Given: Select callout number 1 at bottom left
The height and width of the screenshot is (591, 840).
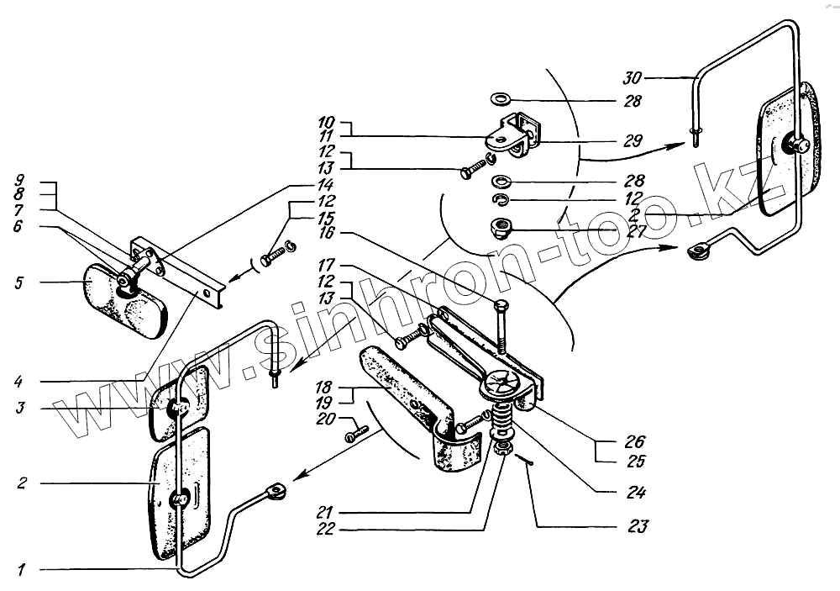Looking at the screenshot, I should click(22, 570).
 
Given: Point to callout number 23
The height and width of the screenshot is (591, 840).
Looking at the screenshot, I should click(638, 527).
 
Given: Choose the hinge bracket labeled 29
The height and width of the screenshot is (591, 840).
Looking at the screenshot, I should click(514, 135).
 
